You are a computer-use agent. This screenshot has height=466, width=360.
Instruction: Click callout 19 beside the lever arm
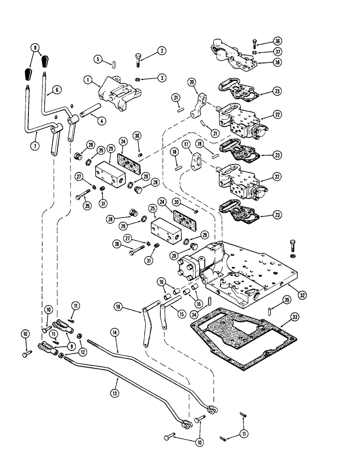pyautogui.click(x=118, y=306)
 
